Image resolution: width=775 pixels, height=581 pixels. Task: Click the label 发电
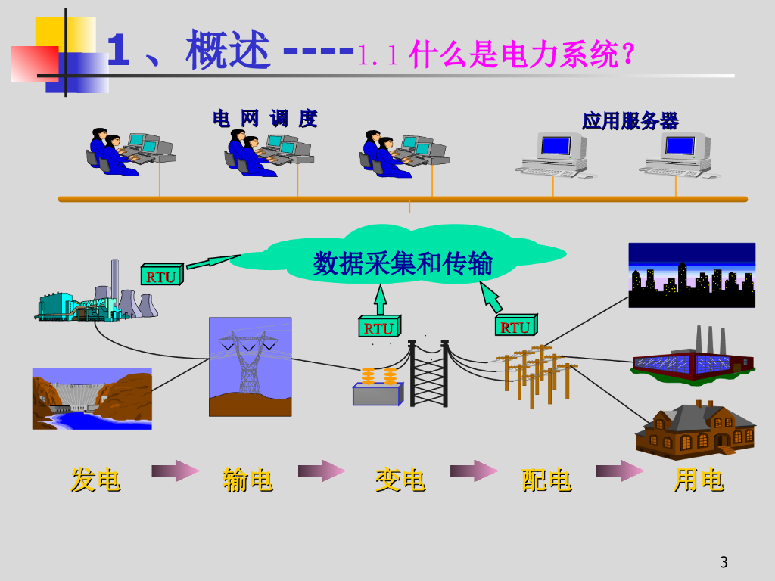(x=95, y=480)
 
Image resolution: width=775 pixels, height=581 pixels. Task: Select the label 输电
(x=247, y=480)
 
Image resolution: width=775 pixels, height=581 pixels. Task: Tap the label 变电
(x=400, y=480)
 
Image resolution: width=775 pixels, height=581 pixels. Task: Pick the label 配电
(x=546, y=480)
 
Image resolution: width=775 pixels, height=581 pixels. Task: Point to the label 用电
(x=699, y=480)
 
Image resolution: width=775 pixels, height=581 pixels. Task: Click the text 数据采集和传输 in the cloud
(x=403, y=263)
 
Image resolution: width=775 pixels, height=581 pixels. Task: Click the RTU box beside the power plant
(x=160, y=276)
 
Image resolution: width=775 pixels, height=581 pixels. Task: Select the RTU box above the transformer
(x=378, y=328)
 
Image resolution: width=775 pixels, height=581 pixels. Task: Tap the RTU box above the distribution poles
(x=515, y=327)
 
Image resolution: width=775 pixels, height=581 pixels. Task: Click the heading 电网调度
(x=265, y=119)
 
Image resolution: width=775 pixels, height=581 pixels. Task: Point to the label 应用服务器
(x=630, y=120)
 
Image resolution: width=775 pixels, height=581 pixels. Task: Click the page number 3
(x=724, y=562)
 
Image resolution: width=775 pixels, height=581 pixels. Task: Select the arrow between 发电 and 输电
(x=176, y=472)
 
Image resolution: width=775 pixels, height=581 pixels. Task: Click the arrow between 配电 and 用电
(x=620, y=472)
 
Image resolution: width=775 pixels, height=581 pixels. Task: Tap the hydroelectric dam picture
(x=92, y=399)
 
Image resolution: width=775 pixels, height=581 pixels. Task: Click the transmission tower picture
(x=250, y=366)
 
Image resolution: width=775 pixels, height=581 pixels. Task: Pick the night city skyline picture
(x=692, y=275)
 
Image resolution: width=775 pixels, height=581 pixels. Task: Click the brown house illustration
(x=695, y=430)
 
